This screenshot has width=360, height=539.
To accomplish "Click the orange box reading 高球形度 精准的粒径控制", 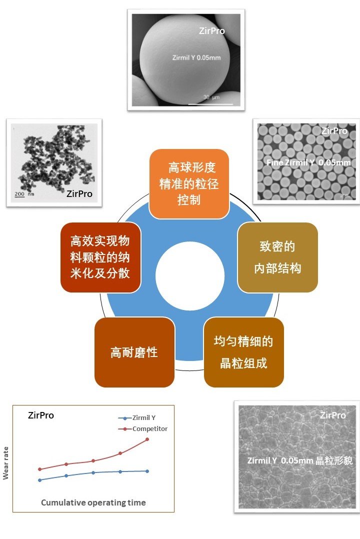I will (x=188, y=183).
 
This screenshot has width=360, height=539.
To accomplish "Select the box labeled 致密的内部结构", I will (x=277, y=257).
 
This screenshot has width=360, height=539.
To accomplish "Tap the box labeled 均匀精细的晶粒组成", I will (x=243, y=352).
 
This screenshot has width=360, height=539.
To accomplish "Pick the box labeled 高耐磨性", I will (x=134, y=352).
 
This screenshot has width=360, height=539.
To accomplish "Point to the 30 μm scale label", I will (x=211, y=97).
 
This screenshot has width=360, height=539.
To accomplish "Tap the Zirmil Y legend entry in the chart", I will (x=146, y=418).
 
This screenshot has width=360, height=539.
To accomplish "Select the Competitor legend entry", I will (x=149, y=428).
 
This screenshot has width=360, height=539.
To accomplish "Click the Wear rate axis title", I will (x=6, y=463).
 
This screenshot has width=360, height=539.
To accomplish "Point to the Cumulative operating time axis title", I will (x=93, y=502).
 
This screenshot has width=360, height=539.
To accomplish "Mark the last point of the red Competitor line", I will (x=147, y=439).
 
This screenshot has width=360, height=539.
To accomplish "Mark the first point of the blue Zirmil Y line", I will (x=39, y=480).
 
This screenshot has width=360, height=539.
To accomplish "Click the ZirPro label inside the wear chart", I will (x=41, y=415).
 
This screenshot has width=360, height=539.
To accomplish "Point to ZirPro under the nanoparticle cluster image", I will (x=79, y=193).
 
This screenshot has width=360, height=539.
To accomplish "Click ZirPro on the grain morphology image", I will (x=332, y=415).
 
